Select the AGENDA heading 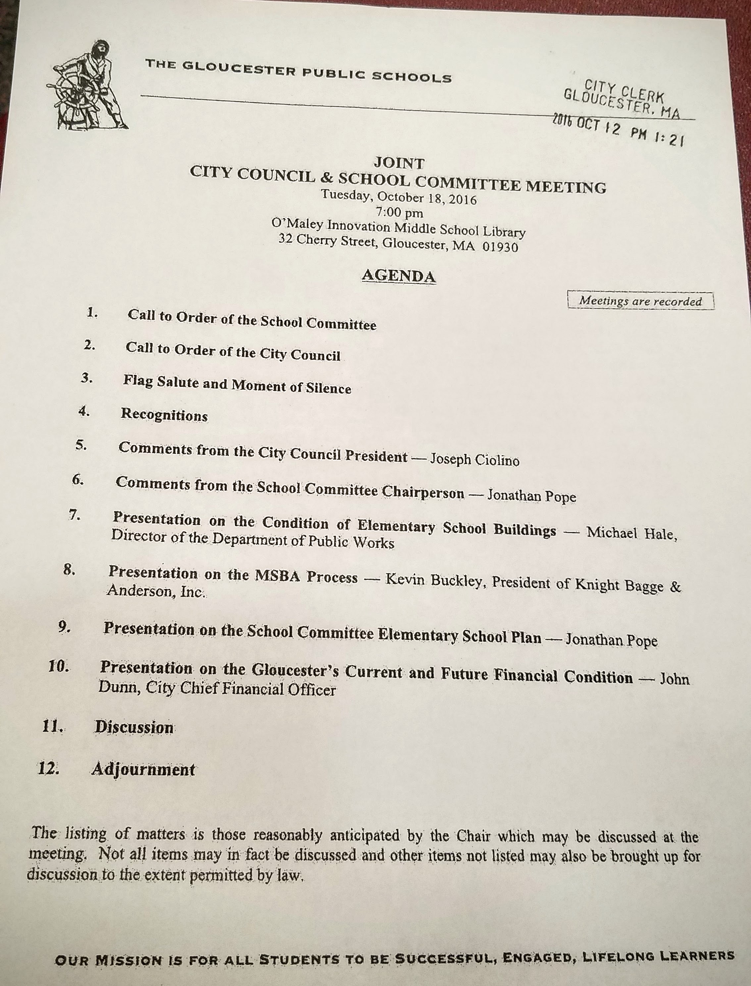pyautogui.click(x=398, y=276)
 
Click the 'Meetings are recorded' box pyautogui.click(x=640, y=301)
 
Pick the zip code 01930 pyautogui.click(x=500, y=247)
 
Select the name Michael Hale pyautogui.click(x=631, y=533)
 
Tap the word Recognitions pyautogui.click(x=164, y=415)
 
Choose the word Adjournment pyautogui.click(x=143, y=769)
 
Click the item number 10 pyautogui.click(x=59, y=667)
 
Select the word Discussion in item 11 pyautogui.click(x=134, y=727)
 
